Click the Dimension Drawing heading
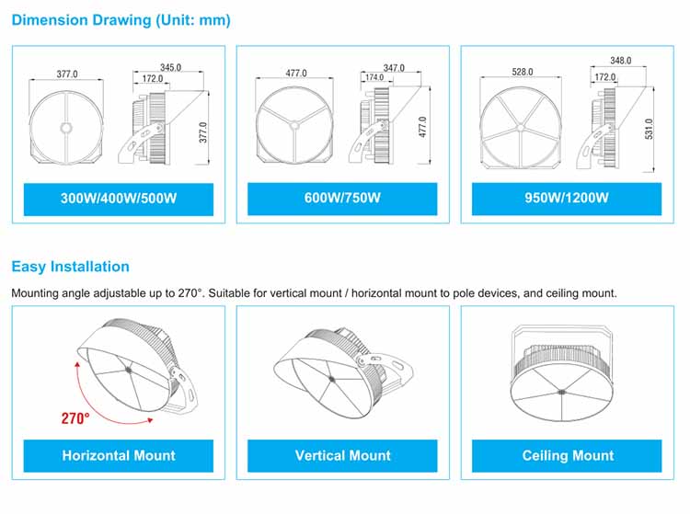(121, 20)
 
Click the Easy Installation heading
(71, 267)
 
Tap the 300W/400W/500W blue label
(119, 200)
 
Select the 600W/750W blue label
(342, 199)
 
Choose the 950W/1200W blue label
(567, 199)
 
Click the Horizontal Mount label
(119, 456)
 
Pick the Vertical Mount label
(342, 456)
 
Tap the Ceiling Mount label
(567, 456)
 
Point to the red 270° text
(75, 418)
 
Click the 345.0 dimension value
(171, 67)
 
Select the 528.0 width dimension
(523, 72)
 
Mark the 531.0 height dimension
(650, 129)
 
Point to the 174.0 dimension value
(374, 77)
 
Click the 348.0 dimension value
(620, 61)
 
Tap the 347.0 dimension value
(394, 68)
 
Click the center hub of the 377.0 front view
(66, 128)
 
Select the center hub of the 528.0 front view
(521, 128)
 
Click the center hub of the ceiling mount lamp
(562, 392)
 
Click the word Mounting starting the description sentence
(35, 293)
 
